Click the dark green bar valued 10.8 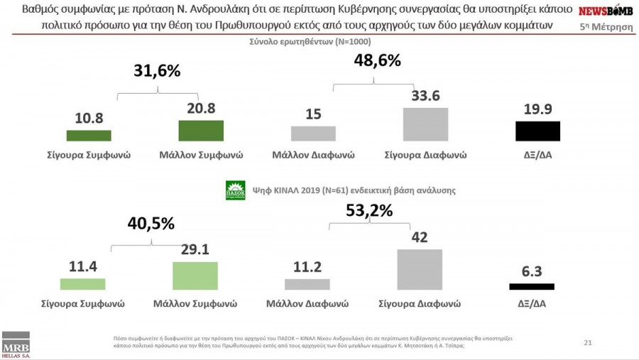coord(89,136)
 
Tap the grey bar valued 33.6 coord(425,124)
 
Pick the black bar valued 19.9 coord(537,131)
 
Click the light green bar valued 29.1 coord(195,276)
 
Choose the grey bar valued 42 coord(420,269)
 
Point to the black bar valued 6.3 coord(532,286)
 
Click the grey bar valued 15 coord(313,133)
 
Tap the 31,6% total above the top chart coord(157,70)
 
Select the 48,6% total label coord(377,60)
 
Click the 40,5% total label coord(151,223)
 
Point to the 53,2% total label coord(369,211)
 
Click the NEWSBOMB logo coord(606,11)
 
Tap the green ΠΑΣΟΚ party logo coord(235,190)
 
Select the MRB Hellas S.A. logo coord(16,344)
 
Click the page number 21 coord(588,343)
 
